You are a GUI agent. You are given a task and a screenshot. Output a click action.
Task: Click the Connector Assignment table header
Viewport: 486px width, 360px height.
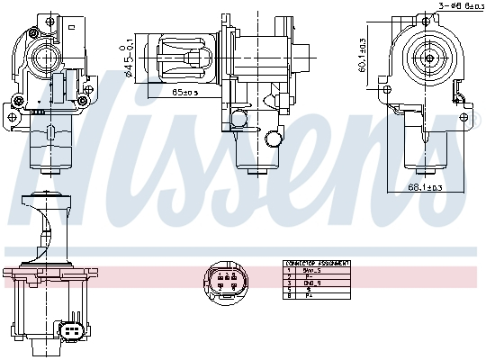[x=315, y=264]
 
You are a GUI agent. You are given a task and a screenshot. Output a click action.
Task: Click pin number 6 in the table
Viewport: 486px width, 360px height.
[x=288, y=295]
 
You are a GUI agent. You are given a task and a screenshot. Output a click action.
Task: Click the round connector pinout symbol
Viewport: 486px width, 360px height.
[x=222, y=281]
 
